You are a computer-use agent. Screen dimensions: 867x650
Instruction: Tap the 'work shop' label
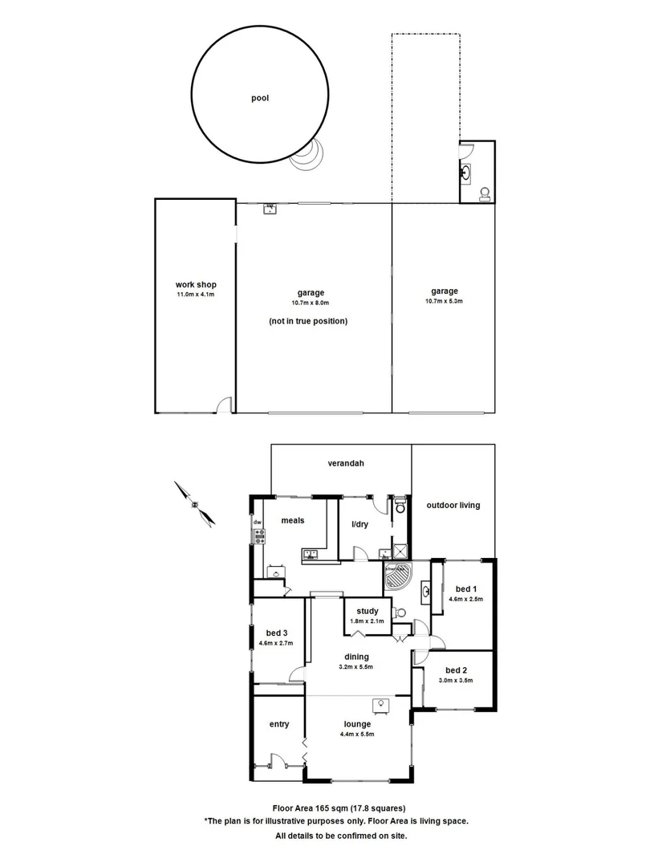(x=196, y=285)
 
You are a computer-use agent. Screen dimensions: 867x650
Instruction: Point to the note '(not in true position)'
(x=308, y=321)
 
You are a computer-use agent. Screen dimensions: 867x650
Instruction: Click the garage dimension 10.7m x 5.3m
(x=444, y=301)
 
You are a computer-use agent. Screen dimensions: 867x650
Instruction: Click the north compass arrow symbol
(x=195, y=503)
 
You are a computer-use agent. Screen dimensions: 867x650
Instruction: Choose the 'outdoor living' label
(x=453, y=505)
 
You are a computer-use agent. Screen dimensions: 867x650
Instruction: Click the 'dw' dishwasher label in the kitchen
(x=258, y=523)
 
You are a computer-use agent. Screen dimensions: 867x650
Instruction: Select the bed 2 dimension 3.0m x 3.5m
(x=456, y=680)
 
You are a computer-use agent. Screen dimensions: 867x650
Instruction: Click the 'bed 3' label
(x=274, y=633)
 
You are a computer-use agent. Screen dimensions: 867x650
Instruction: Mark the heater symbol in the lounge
(x=379, y=705)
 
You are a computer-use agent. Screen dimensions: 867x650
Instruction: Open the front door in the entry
(x=278, y=762)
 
